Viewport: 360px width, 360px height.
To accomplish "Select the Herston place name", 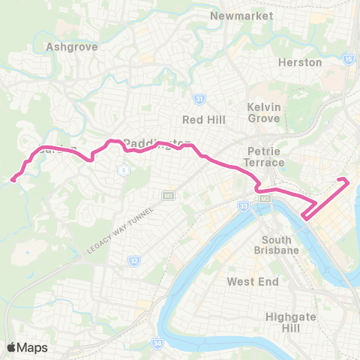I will click(300, 62).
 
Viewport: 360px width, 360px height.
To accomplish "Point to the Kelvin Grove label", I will click(264, 112).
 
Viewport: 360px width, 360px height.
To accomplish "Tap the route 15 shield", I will click(349, 58).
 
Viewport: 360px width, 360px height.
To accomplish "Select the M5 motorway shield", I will click(168, 196).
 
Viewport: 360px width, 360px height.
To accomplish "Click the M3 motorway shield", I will click(264, 199).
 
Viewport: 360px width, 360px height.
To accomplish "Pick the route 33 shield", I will click(243, 205).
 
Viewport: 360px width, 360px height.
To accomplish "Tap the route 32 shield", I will click(133, 261).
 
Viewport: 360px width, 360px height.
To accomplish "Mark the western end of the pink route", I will click(13, 178).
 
